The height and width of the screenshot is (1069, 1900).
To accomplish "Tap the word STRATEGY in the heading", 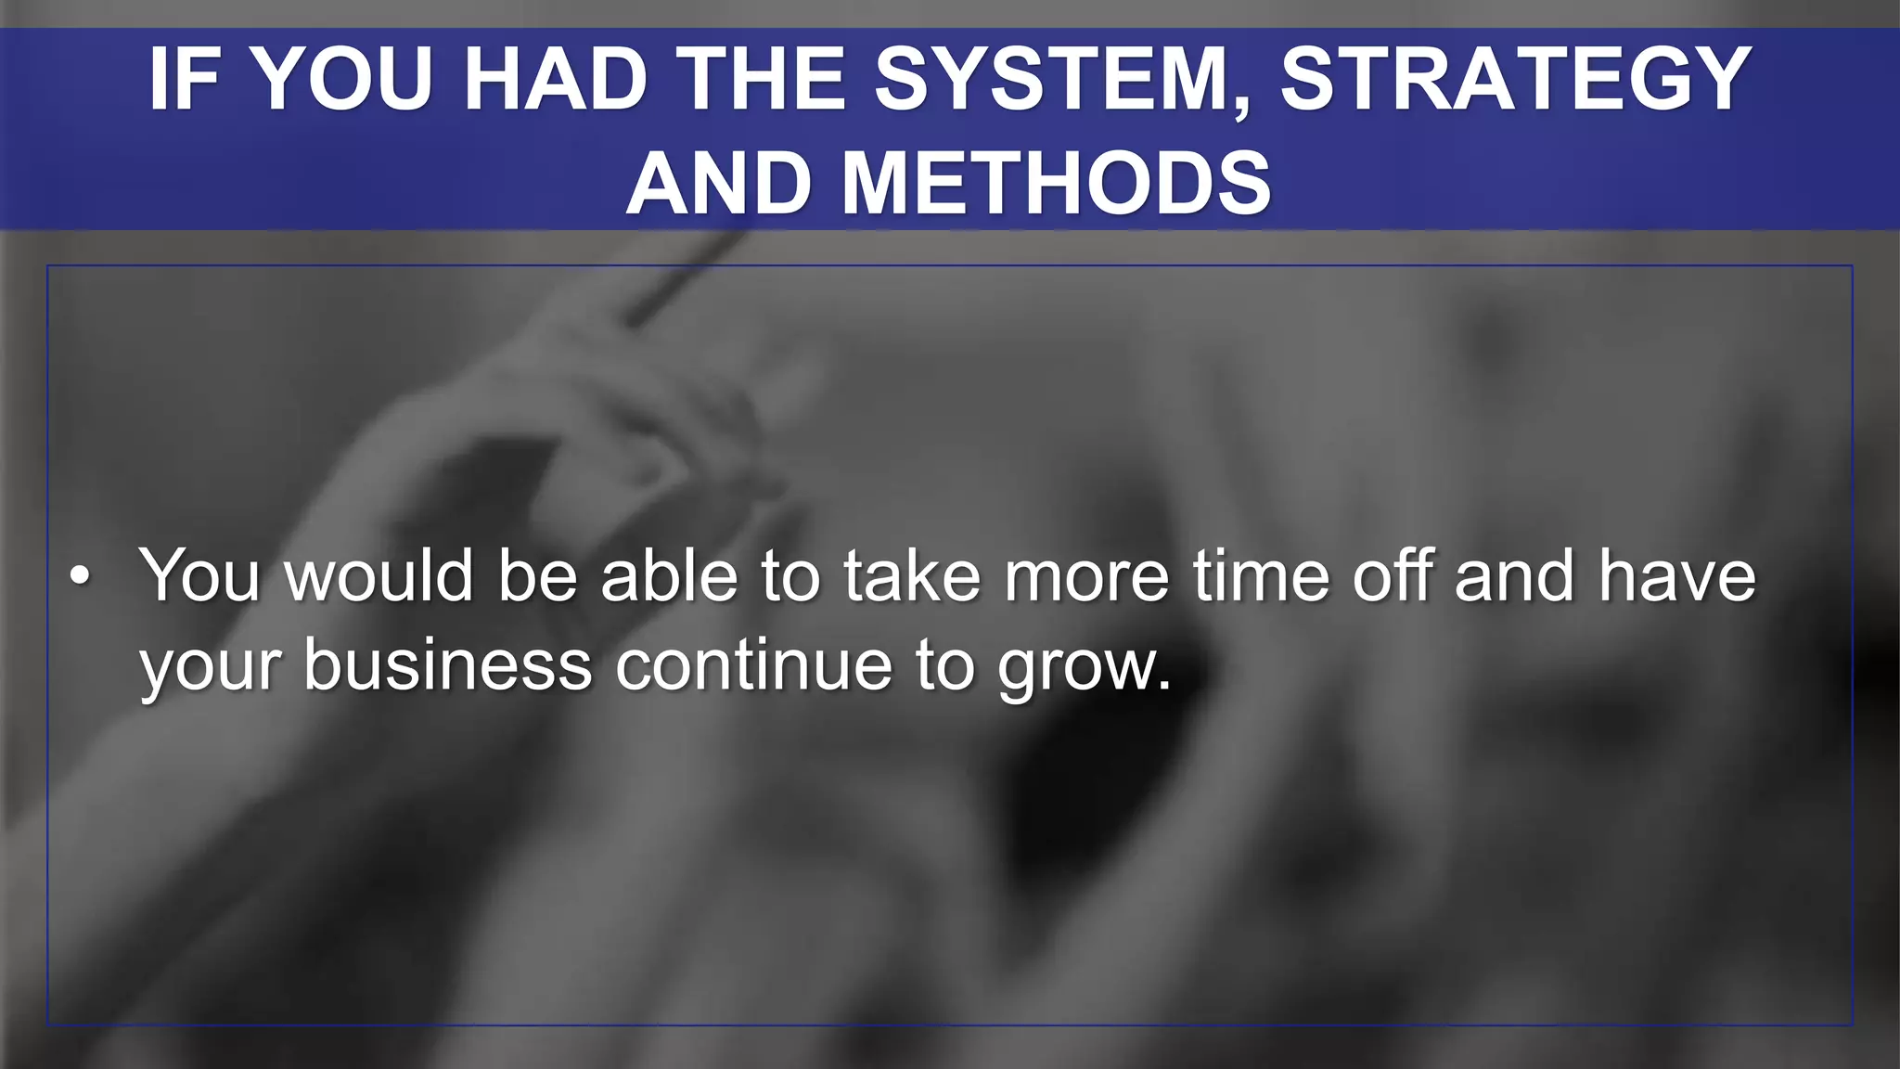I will point(1516,80).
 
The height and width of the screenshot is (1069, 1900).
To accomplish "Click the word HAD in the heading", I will point(555,80).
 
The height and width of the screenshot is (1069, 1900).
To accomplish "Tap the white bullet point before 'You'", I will point(81,577).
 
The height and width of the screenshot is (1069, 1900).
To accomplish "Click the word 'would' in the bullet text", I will point(379,575).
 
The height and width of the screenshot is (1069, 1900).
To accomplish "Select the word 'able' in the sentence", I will point(669,575).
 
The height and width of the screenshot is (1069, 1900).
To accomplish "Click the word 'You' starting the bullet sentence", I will point(199,575).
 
